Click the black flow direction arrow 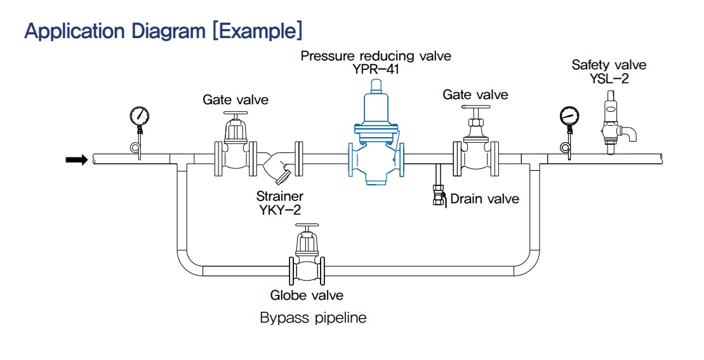coord(77,159)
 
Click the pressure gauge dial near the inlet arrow coord(139,116)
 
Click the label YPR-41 coord(376,70)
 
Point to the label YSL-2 coord(609,79)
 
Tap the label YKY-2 coord(279,210)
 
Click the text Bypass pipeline coord(313,318)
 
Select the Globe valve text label coord(307,295)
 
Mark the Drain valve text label coord(484,199)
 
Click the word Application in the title coord(76,31)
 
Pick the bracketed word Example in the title coord(257,31)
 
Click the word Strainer coord(280,196)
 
